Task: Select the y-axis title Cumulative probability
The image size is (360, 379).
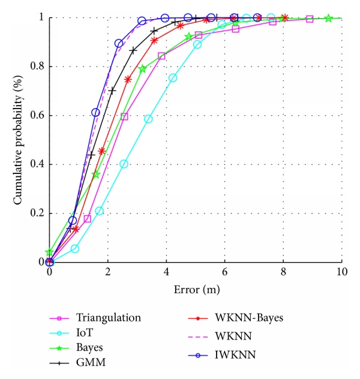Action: coord(20,140)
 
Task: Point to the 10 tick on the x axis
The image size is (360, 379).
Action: coord(341,271)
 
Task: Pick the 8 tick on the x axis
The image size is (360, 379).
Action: coord(283,271)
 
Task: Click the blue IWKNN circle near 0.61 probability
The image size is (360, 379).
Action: coord(95,113)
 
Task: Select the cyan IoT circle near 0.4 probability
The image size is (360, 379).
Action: coord(124,164)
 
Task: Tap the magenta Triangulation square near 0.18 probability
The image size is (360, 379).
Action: coord(88,218)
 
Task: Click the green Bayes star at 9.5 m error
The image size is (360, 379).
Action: coord(328,19)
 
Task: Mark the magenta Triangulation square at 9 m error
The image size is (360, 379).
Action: coord(310,19)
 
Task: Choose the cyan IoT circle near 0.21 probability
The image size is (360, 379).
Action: coord(100,211)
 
